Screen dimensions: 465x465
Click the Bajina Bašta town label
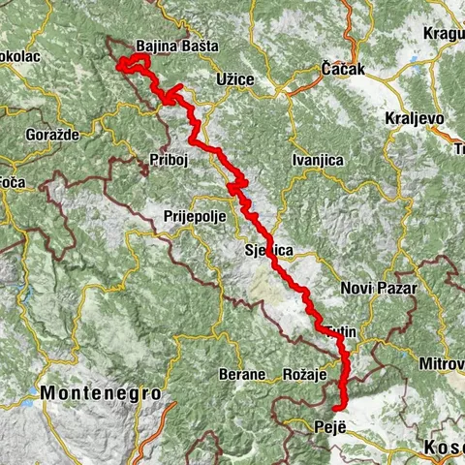pyautogui.click(x=177, y=46)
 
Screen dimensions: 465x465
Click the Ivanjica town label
pyautogui.click(x=318, y=160)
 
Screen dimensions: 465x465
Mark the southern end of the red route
pyautogui.click(x=335, y=409)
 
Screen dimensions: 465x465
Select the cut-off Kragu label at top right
pyautogui.click(x=443, y=34)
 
